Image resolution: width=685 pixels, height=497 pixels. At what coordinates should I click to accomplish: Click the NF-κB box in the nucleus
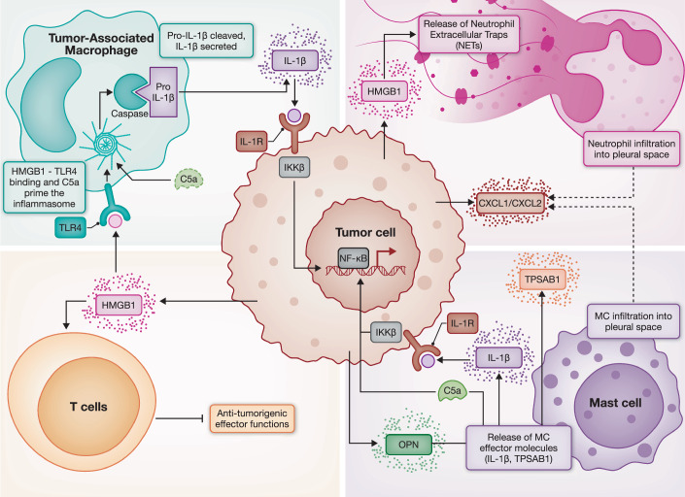(354, 258)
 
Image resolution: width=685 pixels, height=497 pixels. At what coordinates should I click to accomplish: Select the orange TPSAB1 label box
(542, 280)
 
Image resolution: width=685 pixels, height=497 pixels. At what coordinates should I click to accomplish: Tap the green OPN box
(409, 445)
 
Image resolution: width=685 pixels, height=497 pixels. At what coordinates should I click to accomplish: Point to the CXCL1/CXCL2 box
(510, 203)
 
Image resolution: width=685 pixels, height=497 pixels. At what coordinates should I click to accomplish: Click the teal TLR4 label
(70, 228)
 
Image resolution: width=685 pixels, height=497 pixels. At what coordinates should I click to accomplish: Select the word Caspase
(129, 114)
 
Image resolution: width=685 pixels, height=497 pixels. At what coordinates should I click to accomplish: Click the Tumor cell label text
(365, 232)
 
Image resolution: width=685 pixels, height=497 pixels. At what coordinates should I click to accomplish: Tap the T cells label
(88, 407)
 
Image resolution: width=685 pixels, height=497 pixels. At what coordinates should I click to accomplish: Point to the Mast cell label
(616, 403)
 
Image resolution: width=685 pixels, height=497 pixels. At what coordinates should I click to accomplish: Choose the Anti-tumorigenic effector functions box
(252, 418)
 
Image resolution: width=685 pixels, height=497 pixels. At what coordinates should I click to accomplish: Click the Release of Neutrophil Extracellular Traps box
(468, 35)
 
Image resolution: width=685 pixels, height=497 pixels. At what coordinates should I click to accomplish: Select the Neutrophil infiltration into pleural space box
(632, 149)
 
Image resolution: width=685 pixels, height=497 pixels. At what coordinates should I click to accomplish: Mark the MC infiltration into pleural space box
(633, 321)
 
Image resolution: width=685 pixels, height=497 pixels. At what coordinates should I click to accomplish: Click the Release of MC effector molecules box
(519, 447)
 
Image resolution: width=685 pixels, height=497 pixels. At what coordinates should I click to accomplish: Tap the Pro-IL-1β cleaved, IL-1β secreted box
(206, 41)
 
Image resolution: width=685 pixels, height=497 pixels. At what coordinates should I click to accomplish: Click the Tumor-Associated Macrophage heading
(101, 44)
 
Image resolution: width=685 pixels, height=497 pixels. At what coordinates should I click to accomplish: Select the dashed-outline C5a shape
(188, 180)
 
